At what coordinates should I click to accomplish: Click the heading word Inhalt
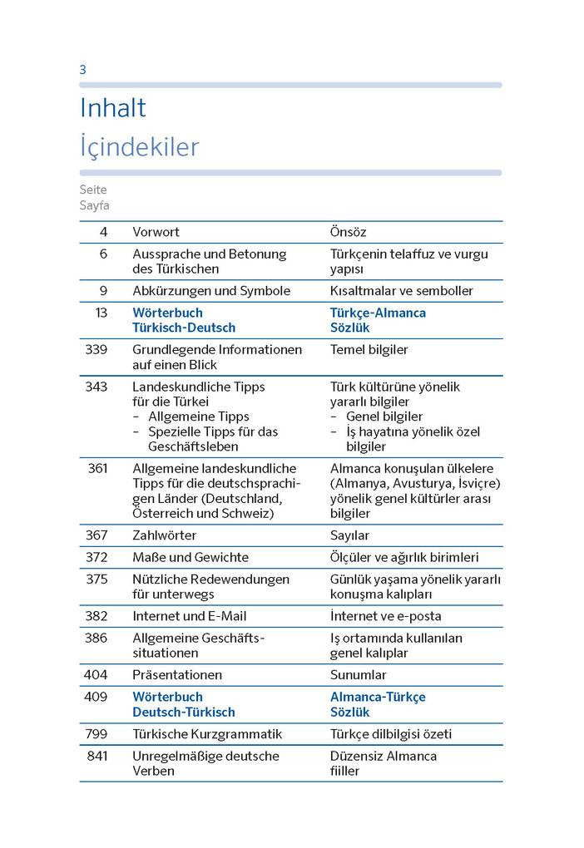[x=112, y=108]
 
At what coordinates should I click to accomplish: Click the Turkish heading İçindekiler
[x=139, y=147]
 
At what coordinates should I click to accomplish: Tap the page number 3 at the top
[x=82, y=70]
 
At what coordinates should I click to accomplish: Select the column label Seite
[x=93, y=190]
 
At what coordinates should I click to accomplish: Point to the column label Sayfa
[x=94, y=205]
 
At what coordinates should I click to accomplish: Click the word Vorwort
[x=156, y=232]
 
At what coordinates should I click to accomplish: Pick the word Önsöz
[x=348, y=232]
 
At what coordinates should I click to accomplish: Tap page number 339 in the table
[x=97, y=350]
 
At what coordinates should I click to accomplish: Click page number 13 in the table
[x=101, y=313]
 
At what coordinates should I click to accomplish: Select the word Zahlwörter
[x=165, y=535]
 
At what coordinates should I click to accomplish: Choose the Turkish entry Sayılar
[x=349, y=535]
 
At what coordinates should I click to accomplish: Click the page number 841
[x=97, y=756]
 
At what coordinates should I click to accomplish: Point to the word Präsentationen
[x=177, y=675]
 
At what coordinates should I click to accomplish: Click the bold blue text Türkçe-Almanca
[x=378, y=313]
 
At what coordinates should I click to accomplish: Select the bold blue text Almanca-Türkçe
[x=378, y=697]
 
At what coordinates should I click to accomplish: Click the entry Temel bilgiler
[x=369, y=350]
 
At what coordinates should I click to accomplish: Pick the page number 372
[x=97, y=557]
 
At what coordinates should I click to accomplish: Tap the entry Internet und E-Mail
[x=190, y=616]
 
